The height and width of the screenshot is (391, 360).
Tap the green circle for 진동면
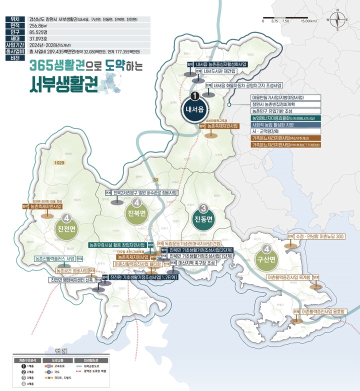[x=203, y=216]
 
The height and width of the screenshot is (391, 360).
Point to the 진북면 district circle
[x=136, y=213]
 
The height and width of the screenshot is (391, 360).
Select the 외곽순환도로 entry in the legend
[x=92, y=365]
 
